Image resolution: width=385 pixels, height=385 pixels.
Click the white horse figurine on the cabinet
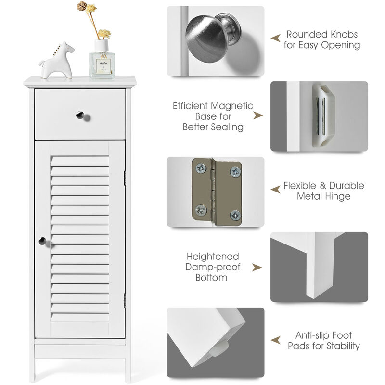click(57, 61)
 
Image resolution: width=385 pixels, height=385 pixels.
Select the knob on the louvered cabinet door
click(42, 241)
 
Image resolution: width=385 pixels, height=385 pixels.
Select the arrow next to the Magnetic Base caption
click(258, 115)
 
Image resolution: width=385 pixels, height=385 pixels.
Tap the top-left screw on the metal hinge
click(201, 168)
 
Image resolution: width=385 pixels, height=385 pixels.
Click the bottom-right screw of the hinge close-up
click(235, 215)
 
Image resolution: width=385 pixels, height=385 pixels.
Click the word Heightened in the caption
click(213, 257)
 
